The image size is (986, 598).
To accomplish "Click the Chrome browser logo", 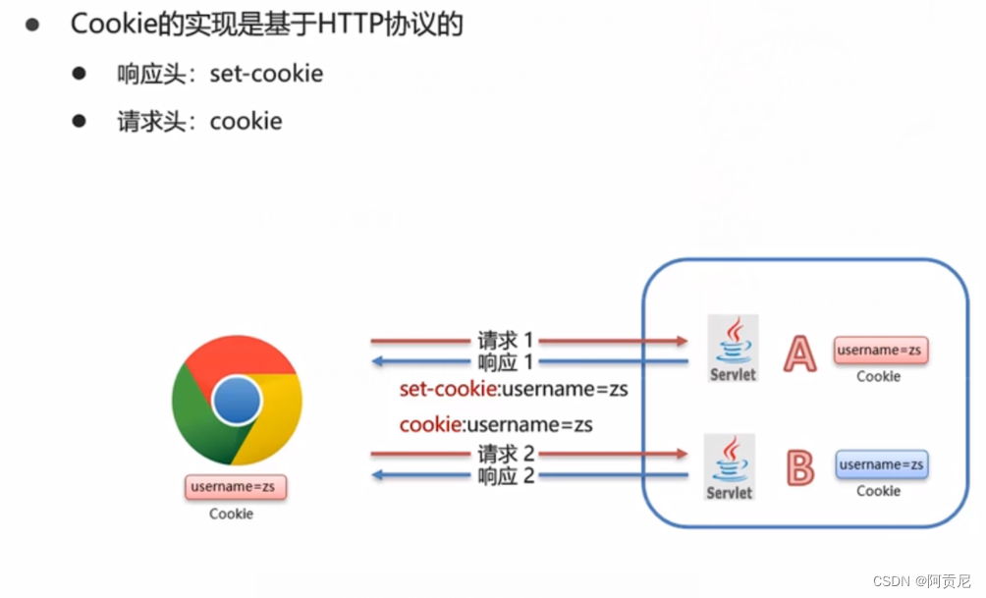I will click(237, 401).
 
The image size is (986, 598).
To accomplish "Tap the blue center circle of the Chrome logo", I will click(237, 401).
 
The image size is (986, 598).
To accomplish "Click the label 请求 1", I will click(505, 341).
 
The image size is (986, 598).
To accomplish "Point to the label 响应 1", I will click(505, 362).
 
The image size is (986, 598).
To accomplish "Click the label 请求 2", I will click(505, 454).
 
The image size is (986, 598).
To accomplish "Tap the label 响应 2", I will click(505, 476).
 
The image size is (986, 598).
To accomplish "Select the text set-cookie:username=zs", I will click(513, 390).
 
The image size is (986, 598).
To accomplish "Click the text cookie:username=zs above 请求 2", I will click(495, 425).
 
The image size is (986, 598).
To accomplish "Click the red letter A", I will click(799, 354).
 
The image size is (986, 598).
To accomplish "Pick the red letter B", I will click(800, 468).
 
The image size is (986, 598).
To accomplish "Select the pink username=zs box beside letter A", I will click(881, 350).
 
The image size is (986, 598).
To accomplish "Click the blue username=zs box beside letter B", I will click(881, 464).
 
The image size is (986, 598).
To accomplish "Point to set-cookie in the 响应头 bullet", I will click(266, 74).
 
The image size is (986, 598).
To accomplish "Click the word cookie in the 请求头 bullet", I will click(246, 121).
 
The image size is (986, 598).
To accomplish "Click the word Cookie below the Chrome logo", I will click(231, 514).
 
